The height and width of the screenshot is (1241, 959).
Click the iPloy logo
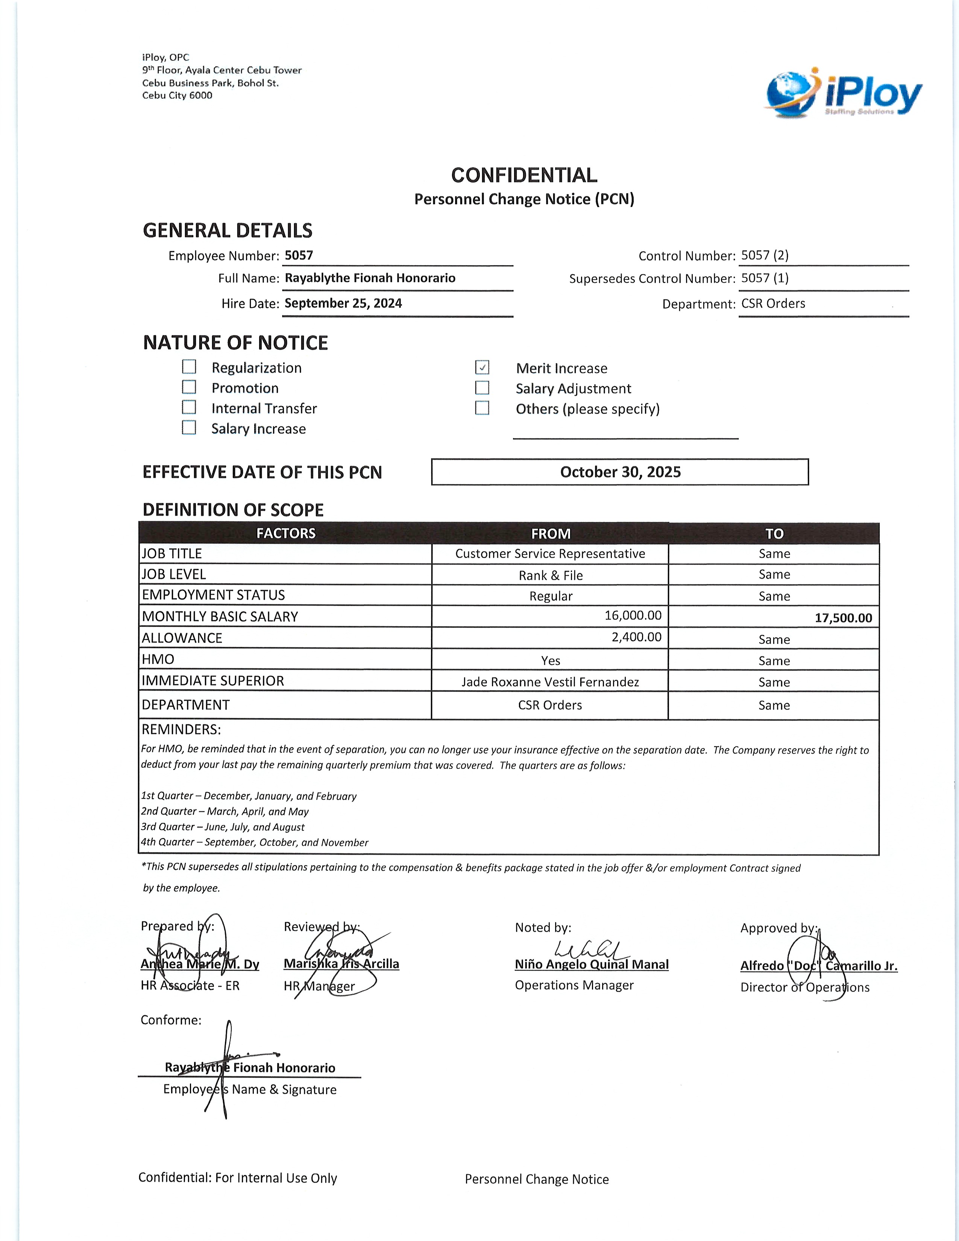click(844, 93)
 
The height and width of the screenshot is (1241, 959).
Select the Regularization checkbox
click(189, 367)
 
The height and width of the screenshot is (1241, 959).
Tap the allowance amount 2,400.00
click(636, 637)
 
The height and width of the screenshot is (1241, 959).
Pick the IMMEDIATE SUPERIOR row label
click(213, 681)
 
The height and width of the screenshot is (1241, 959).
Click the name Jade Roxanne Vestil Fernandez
click(550, 682)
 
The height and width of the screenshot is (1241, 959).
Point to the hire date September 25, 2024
click(343, 303)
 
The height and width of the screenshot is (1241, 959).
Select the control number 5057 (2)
click(765, 255)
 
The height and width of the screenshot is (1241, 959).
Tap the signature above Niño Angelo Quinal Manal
click(591, 950)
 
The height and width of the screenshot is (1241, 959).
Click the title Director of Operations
click(804, 988)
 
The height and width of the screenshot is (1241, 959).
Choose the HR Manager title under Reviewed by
click(319, 986)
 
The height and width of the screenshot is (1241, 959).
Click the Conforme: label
click(171, 1020)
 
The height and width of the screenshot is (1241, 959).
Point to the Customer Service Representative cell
click(550, 554)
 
